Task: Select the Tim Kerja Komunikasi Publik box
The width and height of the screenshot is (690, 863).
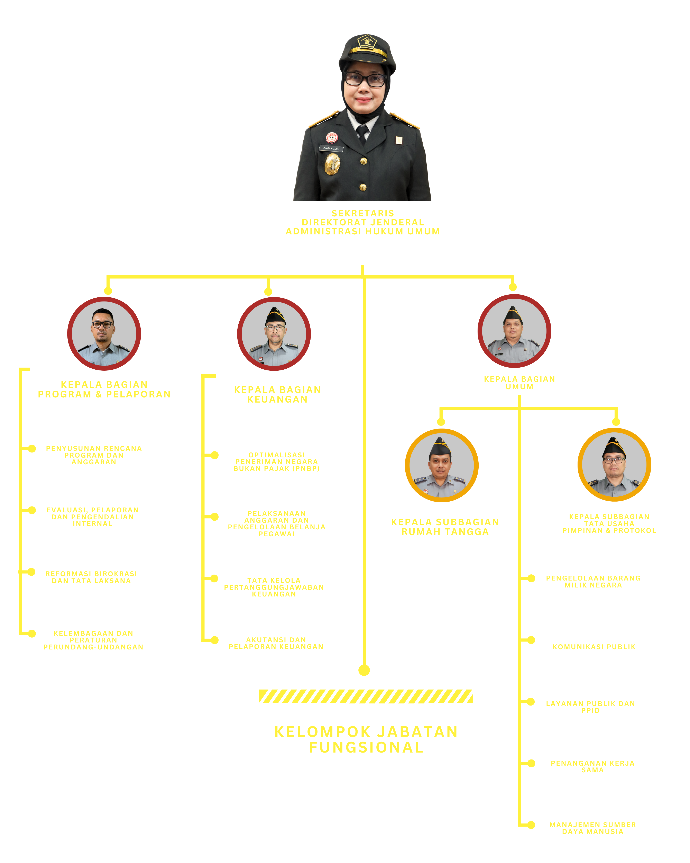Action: pyautogui.click(x=592, y=641)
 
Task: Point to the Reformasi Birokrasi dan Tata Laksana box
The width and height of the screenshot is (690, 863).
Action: pyautogui.click(x=92, y=573)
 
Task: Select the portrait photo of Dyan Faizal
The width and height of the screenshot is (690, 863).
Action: pyautogui.click(x=614, y=464)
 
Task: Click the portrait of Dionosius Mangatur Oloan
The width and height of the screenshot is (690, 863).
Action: pyautogui.click(x=104, y=333)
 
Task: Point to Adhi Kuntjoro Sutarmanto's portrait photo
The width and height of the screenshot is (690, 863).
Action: pyautogui.click(x=274, y=333)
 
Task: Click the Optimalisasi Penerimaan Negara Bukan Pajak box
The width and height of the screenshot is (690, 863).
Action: pyautogui.click(x=275, y=457)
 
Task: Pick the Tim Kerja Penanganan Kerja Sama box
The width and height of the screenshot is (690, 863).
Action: pyautogui.click(x=592, y=765)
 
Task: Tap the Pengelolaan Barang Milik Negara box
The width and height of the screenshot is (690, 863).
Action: pyautogui.click(x=592, y=580)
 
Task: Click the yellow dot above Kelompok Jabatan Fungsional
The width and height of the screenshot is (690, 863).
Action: pyautogui.click(x=364, y=670)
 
